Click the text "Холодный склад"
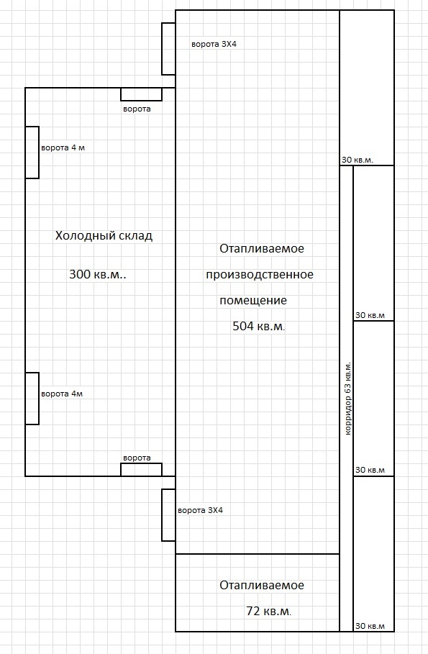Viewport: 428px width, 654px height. click(104, 236)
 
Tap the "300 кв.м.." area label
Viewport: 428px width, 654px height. click(98, 274)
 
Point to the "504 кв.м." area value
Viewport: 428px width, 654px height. click(259, 326)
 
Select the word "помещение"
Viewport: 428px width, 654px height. click(253, 300)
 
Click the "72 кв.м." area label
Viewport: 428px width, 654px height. click(269, 612)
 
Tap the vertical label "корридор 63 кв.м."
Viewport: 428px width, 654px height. click(348, 399)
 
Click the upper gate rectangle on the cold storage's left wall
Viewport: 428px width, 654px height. click(32, 153)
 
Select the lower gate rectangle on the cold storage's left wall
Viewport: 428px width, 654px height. click(32, 399)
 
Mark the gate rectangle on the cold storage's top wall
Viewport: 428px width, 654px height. click(142, 94)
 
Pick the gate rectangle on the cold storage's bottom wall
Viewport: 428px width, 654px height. click(142, 470)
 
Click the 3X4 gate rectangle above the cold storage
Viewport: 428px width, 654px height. click(168, 49)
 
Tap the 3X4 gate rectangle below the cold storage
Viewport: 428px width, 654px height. click(168, 515)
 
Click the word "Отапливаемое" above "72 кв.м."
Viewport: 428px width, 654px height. click(262, 586)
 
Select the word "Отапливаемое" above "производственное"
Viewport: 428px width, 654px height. click(262, 249)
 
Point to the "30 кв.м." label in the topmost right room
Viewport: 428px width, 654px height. click(358, 160)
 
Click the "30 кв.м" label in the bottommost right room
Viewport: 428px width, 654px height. click(370, 626)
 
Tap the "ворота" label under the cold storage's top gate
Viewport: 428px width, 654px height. click(137, 109)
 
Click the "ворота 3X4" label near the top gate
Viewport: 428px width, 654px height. click(214, 44)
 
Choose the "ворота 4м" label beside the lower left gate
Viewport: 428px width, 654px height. click(62, 394)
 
